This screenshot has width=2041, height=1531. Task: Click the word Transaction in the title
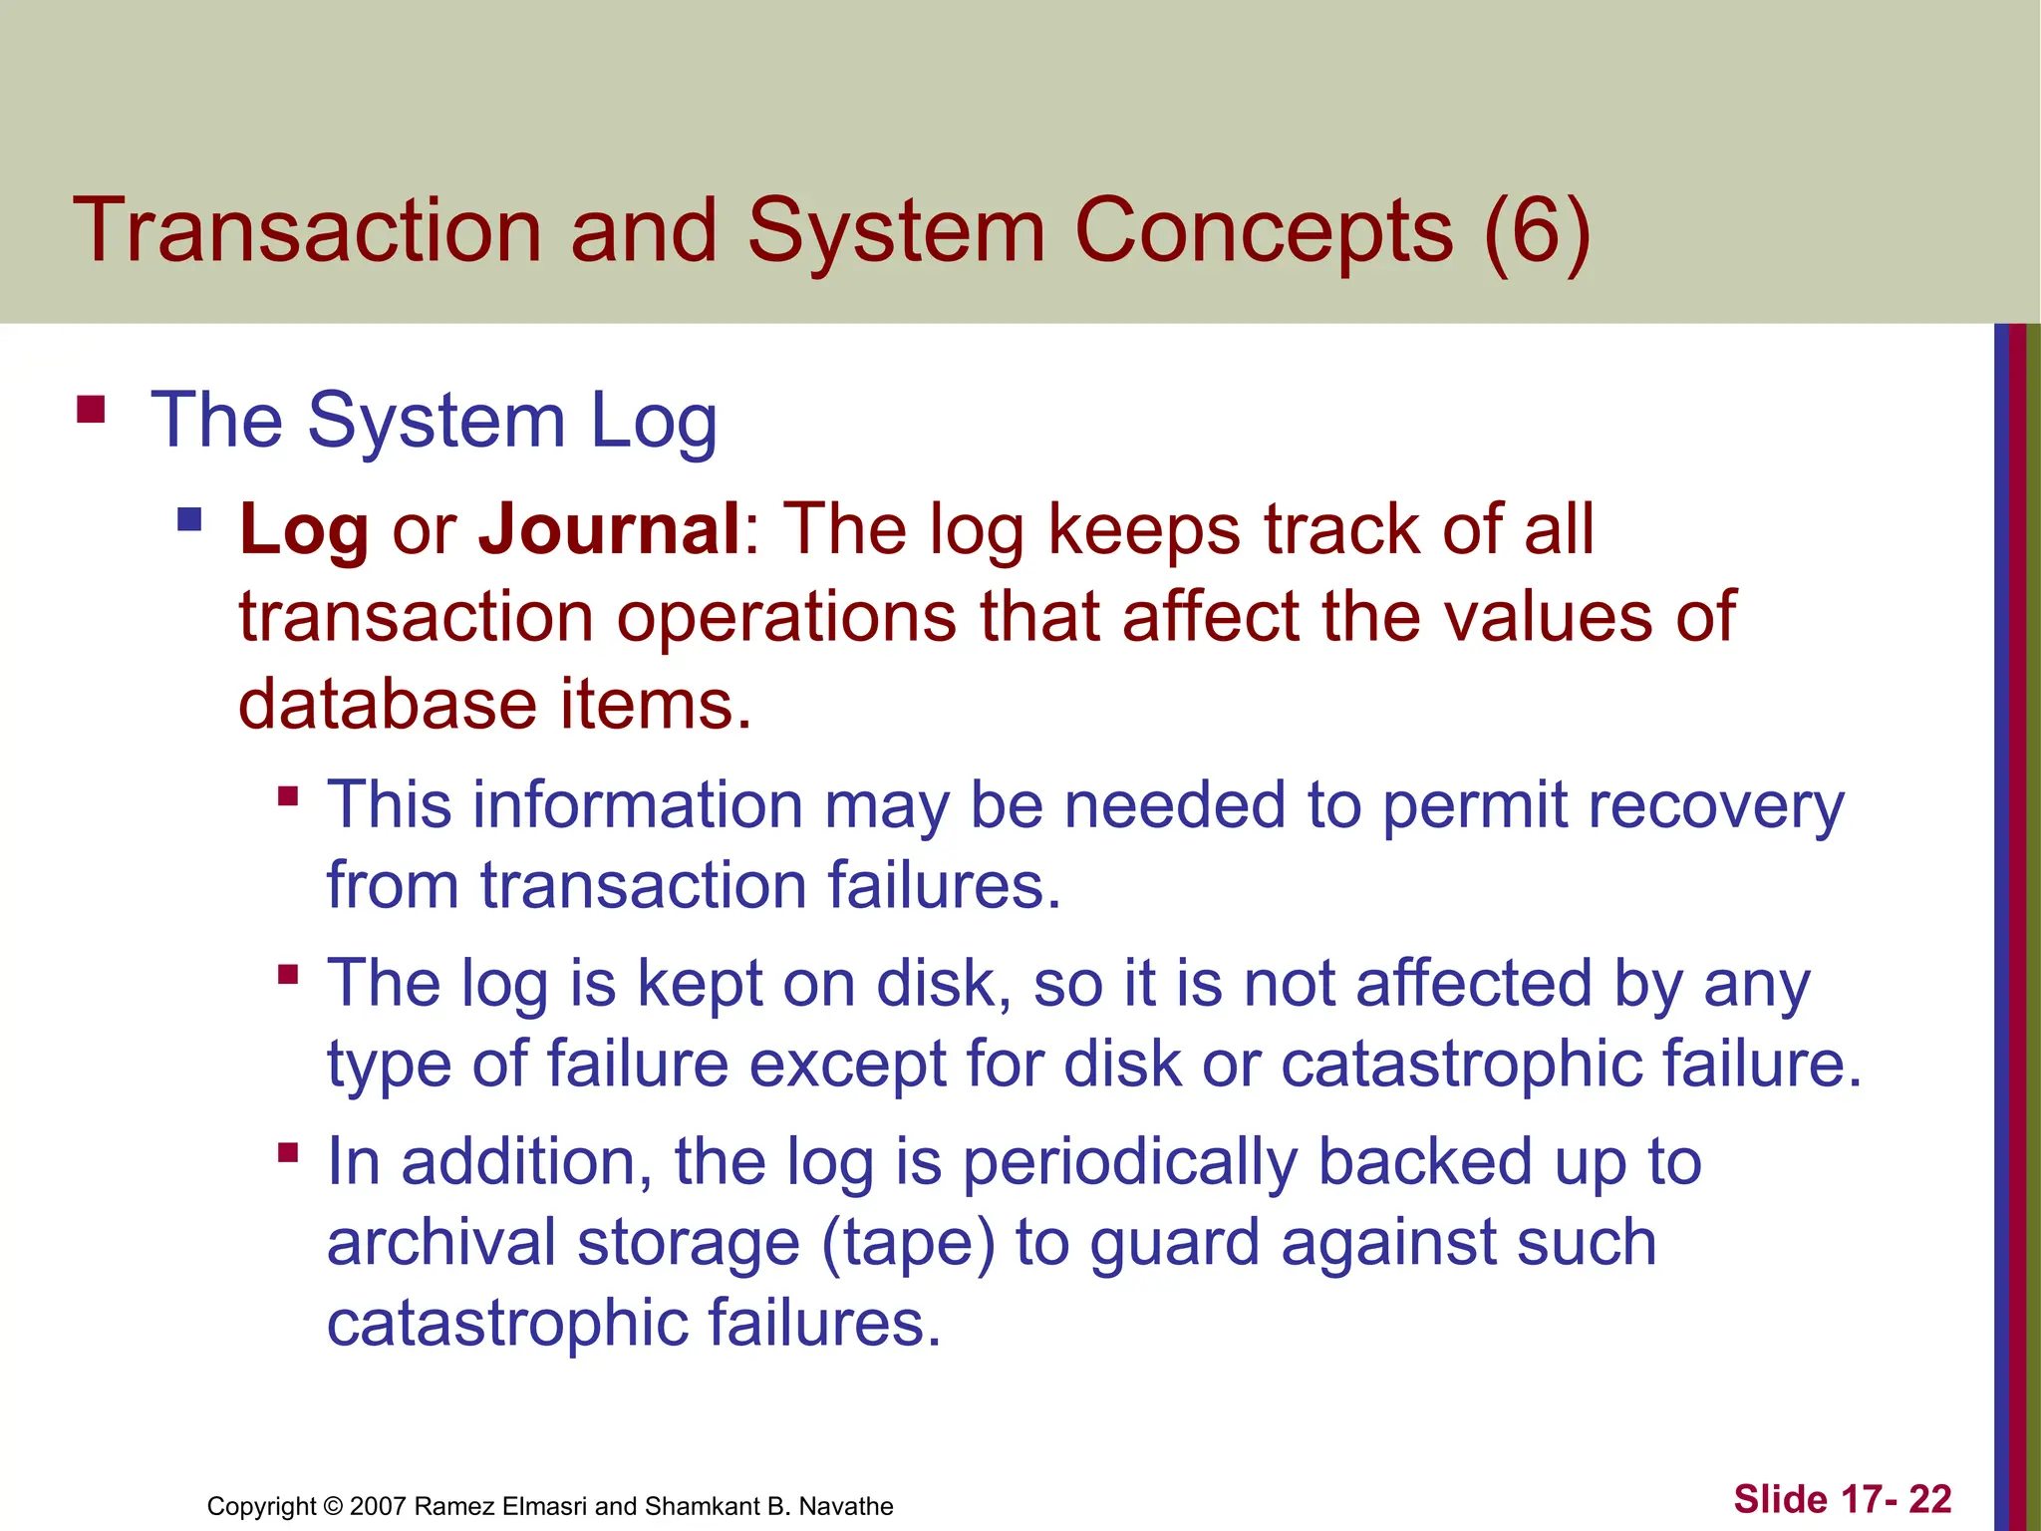307,231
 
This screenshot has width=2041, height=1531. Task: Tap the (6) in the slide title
1536,231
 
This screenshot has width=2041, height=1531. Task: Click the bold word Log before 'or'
304,530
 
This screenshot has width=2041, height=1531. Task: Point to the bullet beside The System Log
91,410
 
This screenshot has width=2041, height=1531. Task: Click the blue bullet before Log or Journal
189,519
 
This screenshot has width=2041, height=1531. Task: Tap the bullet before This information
288,795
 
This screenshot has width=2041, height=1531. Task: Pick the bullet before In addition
288,1153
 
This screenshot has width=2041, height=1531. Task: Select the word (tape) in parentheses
908,1244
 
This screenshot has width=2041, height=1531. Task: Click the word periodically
1130,1163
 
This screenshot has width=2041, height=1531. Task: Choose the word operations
786,616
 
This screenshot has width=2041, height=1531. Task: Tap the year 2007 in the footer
378,1506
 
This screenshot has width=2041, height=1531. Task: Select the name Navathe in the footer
846,1506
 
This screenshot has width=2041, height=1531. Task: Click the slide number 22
1929,1499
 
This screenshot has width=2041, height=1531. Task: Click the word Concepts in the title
1264,231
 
